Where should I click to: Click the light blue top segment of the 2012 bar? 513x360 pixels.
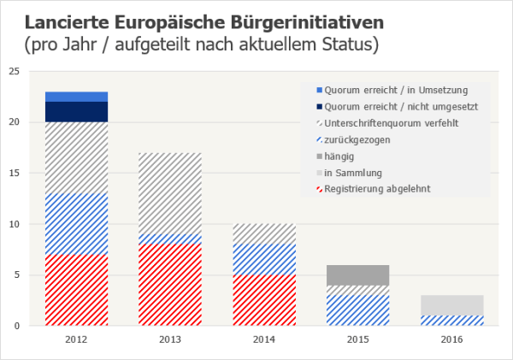click(76, 97)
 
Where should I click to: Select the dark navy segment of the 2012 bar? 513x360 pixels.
click(76, 112)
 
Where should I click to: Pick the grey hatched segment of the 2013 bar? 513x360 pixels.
click(171, 193)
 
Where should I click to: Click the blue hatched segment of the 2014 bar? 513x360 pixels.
click(265, 259)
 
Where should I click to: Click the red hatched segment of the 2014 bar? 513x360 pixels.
click(265, 299)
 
